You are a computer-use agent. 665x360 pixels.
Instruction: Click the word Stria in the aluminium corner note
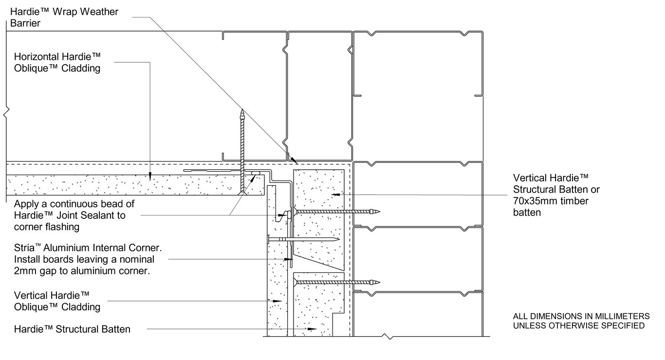click(25, 248)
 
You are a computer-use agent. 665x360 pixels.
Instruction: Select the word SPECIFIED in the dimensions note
click(624, 325)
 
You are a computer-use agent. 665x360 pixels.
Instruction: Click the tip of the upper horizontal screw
click(378, 212)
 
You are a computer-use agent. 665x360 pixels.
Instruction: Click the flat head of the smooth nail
click(268, 239)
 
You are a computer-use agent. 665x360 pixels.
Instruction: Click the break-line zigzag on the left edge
click(5, 114)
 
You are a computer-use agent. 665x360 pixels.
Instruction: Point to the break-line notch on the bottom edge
click(388, 337)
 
